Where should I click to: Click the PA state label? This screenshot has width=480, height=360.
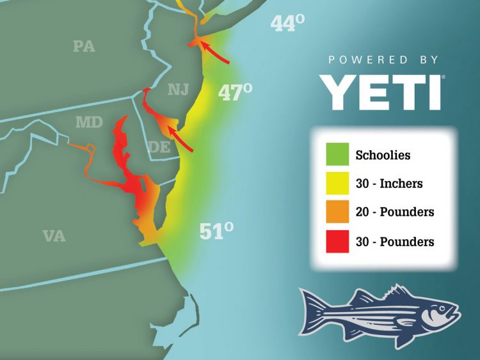(x=84, y=46)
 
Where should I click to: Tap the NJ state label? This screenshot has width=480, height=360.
(x=179, y=90)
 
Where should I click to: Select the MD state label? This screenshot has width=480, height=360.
(x=89, y=121)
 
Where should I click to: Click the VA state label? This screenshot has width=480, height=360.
(x=54, y=236)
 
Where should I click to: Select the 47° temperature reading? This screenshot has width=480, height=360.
(x=235, y=93)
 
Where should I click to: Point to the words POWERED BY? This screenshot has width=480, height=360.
(x=383, y=59)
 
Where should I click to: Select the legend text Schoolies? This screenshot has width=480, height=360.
(x=383, y=155)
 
